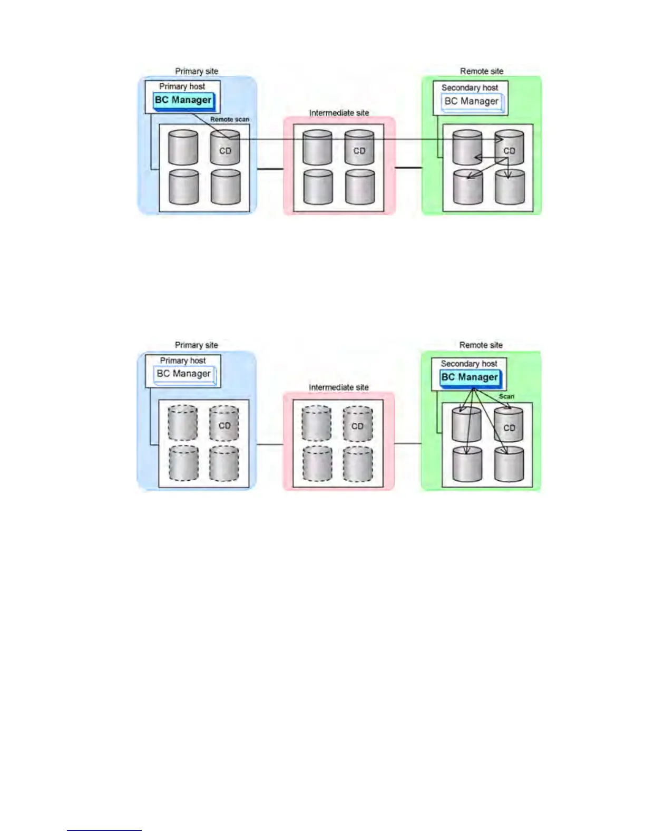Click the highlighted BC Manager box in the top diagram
click(183, 100)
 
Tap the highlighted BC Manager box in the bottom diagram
click(470, 377)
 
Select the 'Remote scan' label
click(230, 120)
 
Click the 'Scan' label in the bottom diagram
click(506, 396)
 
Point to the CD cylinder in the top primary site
click(225, 148)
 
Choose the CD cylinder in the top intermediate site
click(359, 148)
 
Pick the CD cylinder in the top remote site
click(509, 148)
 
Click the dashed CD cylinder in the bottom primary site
click(224, 423)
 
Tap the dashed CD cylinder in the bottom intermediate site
click(357, 423)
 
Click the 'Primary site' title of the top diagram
click(197, 71)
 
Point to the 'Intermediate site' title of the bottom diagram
click(339, 387)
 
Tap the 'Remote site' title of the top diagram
click(482, 71)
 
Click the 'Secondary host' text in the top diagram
click(470, 88)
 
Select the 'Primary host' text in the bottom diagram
click(183, 361)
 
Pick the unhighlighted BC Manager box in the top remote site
click(471, 101)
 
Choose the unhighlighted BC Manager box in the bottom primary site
click(184, 374)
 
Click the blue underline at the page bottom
click(104, 830)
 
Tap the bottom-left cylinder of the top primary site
click(183, 187)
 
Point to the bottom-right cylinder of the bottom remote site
click(509, 464)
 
